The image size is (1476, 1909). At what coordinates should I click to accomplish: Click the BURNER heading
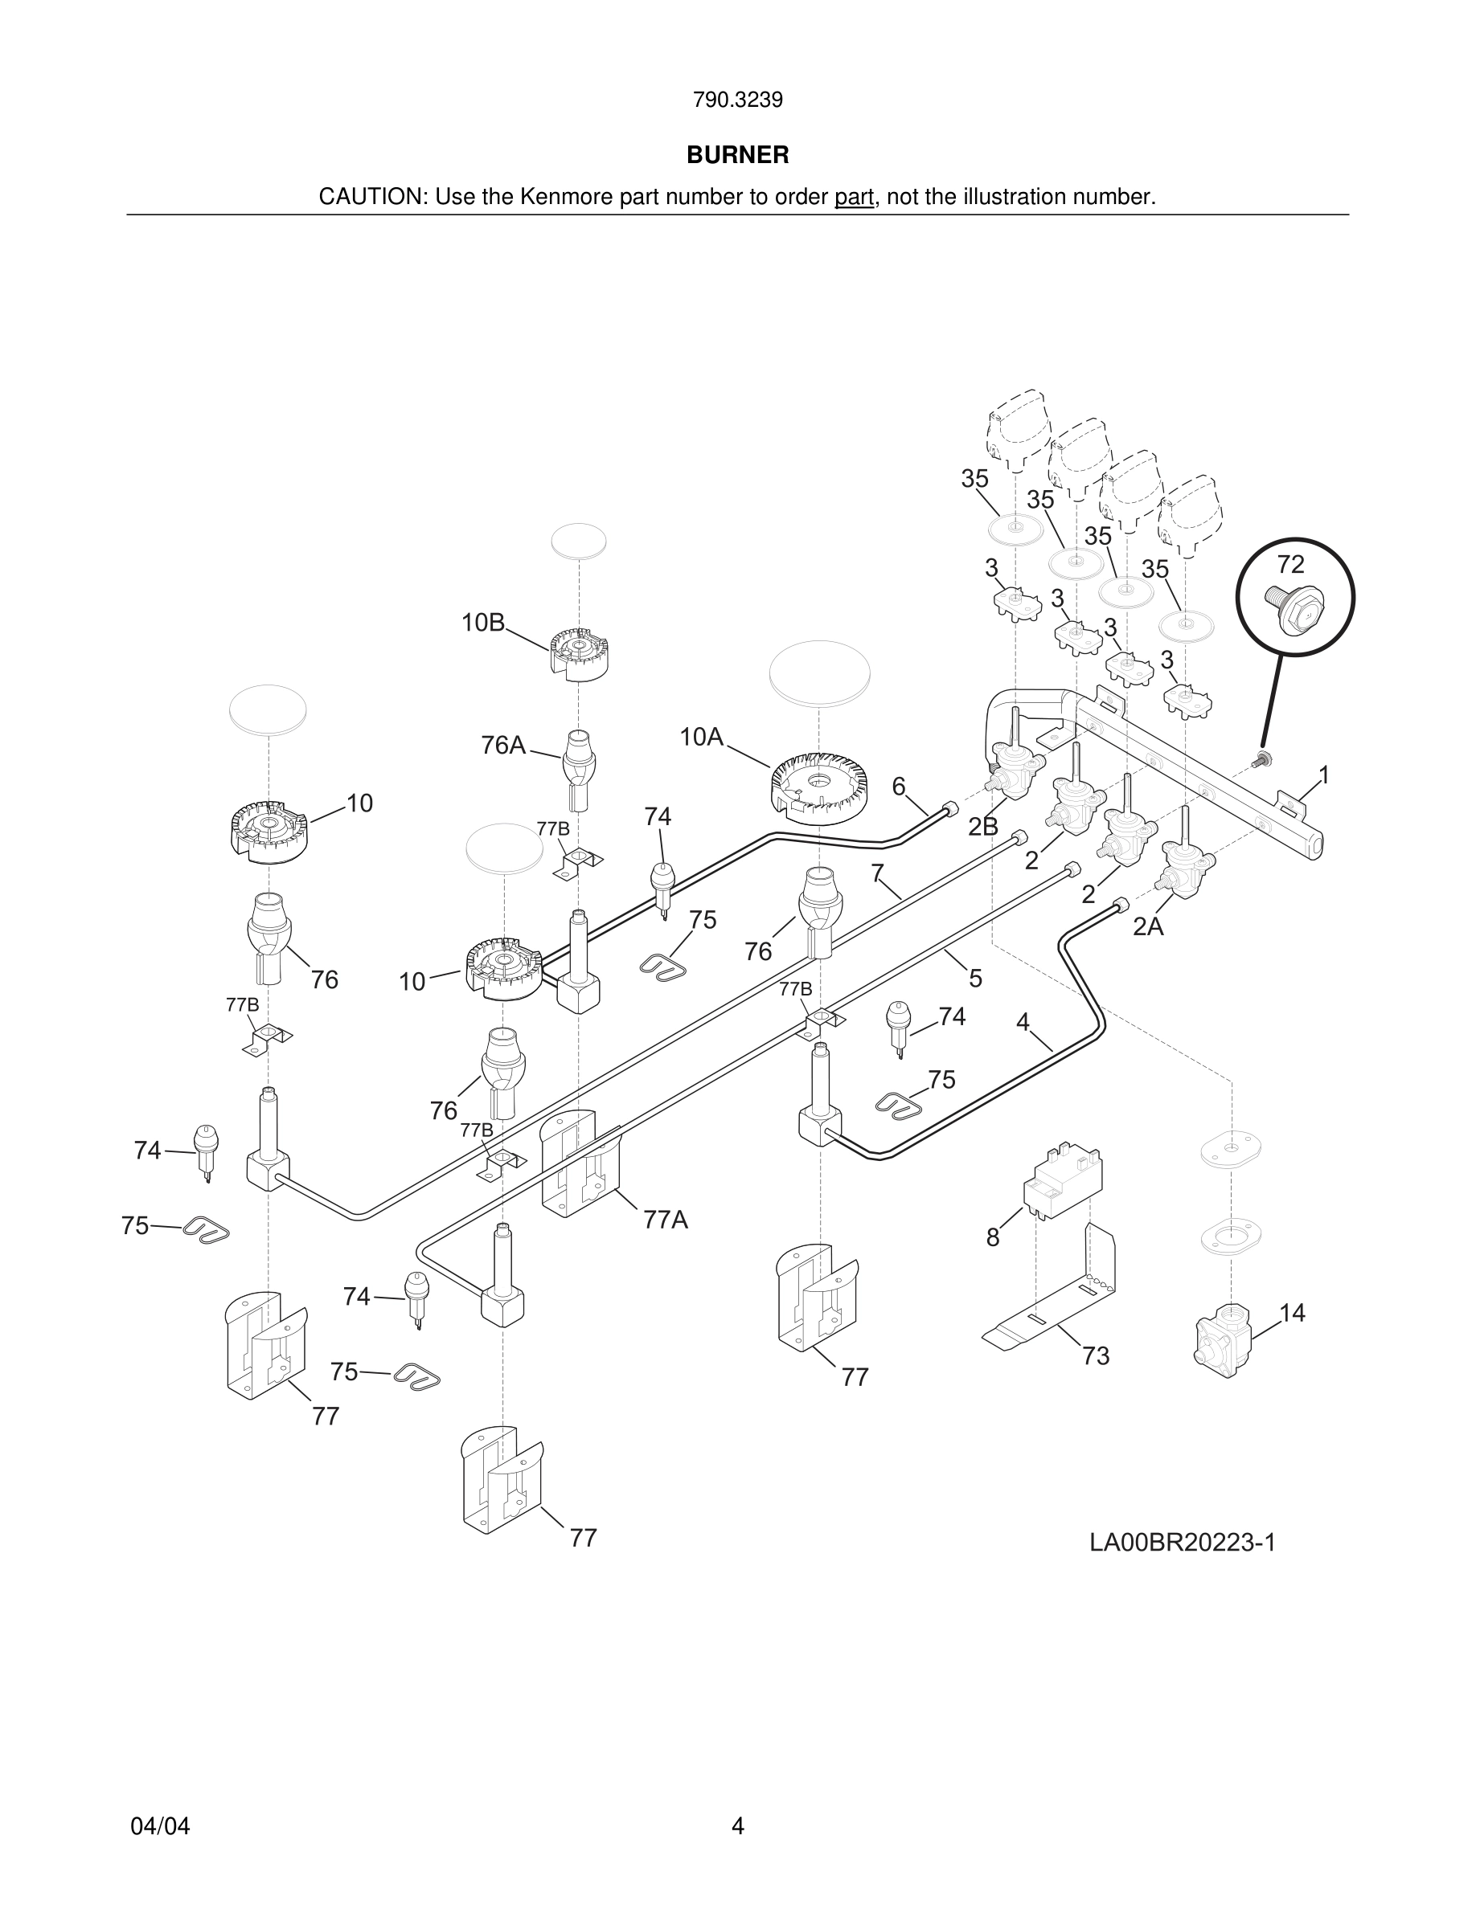pyautogui.click(x=737, y=155)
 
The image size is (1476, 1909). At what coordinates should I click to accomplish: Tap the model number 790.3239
pyautogui.click(x=737, y=100)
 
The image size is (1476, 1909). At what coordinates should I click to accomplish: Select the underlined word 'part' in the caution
pyautogui.click(x=854, y=198)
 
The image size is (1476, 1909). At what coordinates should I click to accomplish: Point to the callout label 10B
pyautogui.click(x=483, y=623)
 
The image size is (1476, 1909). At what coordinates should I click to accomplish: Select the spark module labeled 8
pyautogui.click(x=1064, y=1179)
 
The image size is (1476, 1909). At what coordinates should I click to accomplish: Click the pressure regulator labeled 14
pyautogui.click(x=1224, y=1341)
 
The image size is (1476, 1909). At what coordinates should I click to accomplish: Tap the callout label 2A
pyautogui.click(x=1148, y=926)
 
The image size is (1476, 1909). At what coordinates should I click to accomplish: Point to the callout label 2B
pyautogui.click(x=984, y=826)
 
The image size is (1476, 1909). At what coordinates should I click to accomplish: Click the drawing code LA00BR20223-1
pyautogui.click(x=1183, y=1543)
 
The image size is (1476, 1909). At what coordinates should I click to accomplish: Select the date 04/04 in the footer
pyautogui.click(x=160, y=1826)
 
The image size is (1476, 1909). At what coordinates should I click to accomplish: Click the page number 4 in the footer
pyautogui.click(x=737, y=1826)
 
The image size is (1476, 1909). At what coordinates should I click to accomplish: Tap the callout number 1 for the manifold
pyautogui.click(x=1324, y=775)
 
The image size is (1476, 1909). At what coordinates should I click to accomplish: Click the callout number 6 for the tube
pyautogui.click(x=899, y=786)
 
